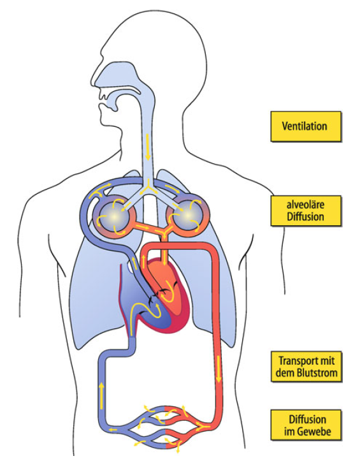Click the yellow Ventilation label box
pos(306,126)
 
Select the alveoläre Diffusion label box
pos(306,210)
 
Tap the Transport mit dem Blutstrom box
pos(306,367)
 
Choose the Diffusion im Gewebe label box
pos(306,425)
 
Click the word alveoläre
pos(305,205)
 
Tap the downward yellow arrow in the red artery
pos(219,369)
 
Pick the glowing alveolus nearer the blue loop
pos(114,216)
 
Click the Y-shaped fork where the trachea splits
pos(148,188)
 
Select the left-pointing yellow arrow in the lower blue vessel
pos(113,430)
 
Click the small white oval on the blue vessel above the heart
pos(129,267)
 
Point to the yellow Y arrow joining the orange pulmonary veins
pos(163,233)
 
